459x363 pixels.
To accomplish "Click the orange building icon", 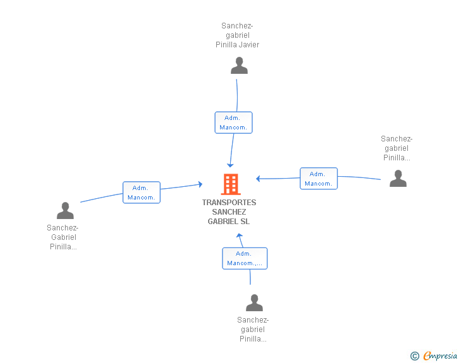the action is coord(231,184).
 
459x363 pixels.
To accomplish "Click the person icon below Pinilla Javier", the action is coord(239,66).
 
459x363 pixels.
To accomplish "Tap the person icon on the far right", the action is coord(398,178).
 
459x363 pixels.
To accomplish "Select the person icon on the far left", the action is coord(65,210).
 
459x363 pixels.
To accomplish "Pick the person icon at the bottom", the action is coord(254,302).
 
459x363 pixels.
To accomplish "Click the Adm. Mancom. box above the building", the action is coord(233,122).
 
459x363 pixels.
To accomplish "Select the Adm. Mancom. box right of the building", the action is coord(319,179).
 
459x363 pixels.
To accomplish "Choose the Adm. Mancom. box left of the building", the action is coord(141,193).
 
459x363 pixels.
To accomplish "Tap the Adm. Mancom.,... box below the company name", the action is coord(245,258).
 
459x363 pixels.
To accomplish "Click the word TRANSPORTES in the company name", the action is coord(229,203).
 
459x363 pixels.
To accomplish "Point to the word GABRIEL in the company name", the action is coord(223,222).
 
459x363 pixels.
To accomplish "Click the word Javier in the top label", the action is coord(249,45).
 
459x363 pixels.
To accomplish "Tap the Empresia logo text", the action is coord(440,356).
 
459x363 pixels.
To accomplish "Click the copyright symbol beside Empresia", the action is coord(415,356).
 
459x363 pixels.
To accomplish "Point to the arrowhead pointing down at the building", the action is coord(230,165).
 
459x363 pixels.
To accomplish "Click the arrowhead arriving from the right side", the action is coord(258,179).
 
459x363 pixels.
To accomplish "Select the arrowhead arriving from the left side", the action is coord(200,184).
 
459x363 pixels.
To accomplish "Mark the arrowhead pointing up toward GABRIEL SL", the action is coord(239,235).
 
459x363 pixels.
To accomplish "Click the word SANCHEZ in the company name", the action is coord(229,212).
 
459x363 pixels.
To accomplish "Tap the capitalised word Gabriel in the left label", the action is coord(64,237).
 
